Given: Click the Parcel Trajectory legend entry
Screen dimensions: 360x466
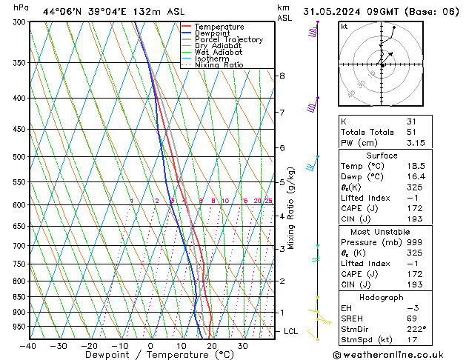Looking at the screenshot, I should (228, 39).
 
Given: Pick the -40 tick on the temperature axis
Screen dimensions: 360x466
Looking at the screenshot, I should (28, 346).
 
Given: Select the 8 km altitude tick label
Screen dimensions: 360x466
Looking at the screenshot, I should (282, 76).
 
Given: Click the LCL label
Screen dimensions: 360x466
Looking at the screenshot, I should (290, 331).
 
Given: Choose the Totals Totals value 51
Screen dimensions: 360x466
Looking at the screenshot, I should (411, 132).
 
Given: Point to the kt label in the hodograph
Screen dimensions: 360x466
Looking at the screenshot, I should (344, 27).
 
